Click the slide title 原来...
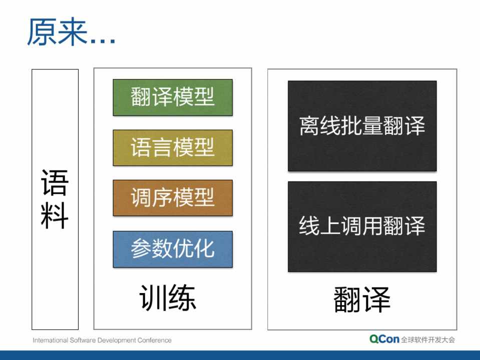point(57,31)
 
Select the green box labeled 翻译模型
point(173,97)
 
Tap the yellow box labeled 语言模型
point(173,147)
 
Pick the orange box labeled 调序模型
point(173,198)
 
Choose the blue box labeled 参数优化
point(173,249)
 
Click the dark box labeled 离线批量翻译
point(362,125)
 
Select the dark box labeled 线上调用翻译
point(362,226)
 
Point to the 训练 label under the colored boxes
point(168,297)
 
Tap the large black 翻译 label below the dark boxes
point(362,299)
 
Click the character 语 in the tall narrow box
point(55,182)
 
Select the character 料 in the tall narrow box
point(55,215)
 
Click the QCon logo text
point(384,339)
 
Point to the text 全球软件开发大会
point(428,339)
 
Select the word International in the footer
point(51,340)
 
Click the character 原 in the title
point(42,31)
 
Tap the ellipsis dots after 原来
point(103,42)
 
